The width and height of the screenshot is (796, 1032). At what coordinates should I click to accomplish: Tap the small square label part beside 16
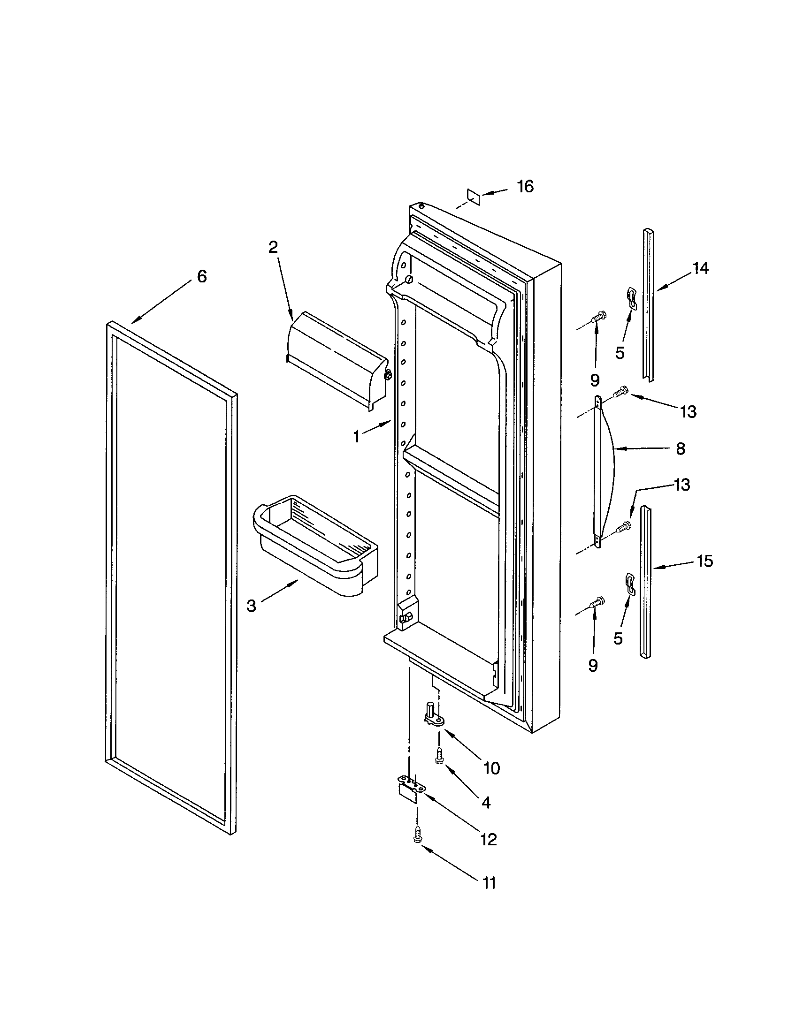pos(473,197)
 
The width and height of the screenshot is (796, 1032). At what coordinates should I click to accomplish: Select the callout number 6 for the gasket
pos(202,276)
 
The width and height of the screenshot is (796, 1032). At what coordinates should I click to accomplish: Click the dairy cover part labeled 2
pos(337,360)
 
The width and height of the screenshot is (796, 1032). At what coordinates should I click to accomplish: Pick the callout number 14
pos(701,268)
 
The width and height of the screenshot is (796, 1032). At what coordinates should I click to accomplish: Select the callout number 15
pos(704,562)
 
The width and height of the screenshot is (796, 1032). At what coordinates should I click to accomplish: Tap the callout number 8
pos(680,448)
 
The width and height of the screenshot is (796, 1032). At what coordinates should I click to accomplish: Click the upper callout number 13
pos(688,412)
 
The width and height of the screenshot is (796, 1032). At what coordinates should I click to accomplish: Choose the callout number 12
pos(488,840)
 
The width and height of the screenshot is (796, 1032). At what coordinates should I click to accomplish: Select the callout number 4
pos(486,802)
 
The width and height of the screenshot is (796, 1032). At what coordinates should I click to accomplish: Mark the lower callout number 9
pos(593,666)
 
